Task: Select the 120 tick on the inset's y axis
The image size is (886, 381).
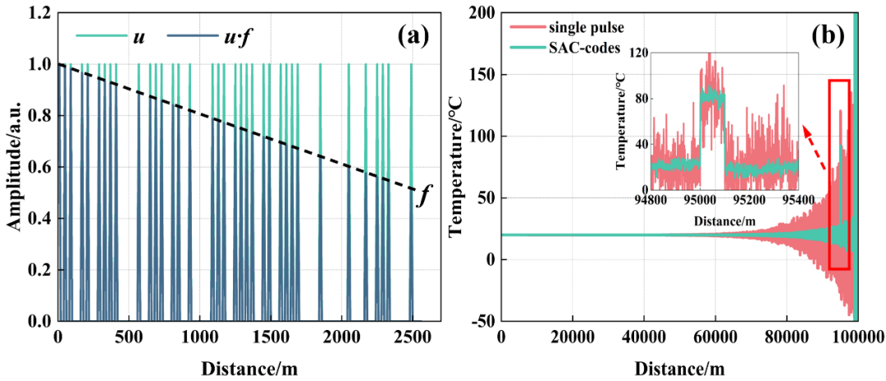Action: pyautogui.click(x=637, y=53)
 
